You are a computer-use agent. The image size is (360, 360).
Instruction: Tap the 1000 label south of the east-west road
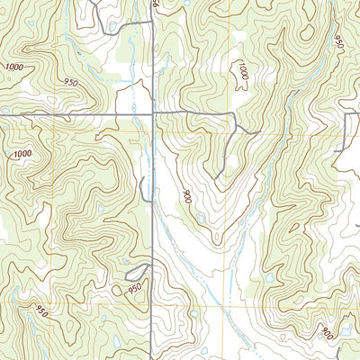coord(22,154)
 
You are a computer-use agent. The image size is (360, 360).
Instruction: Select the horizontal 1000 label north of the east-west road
coord(13,67)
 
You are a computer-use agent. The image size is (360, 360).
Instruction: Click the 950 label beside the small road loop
coord(136,289)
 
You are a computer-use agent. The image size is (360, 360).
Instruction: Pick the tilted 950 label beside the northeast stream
coord(338,42)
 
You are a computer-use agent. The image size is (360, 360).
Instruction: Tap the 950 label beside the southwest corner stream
coord(40,311)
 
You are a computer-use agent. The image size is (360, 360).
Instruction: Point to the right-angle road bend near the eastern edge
coord(346,114)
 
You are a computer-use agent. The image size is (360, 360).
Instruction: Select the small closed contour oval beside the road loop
coord(119,290)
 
